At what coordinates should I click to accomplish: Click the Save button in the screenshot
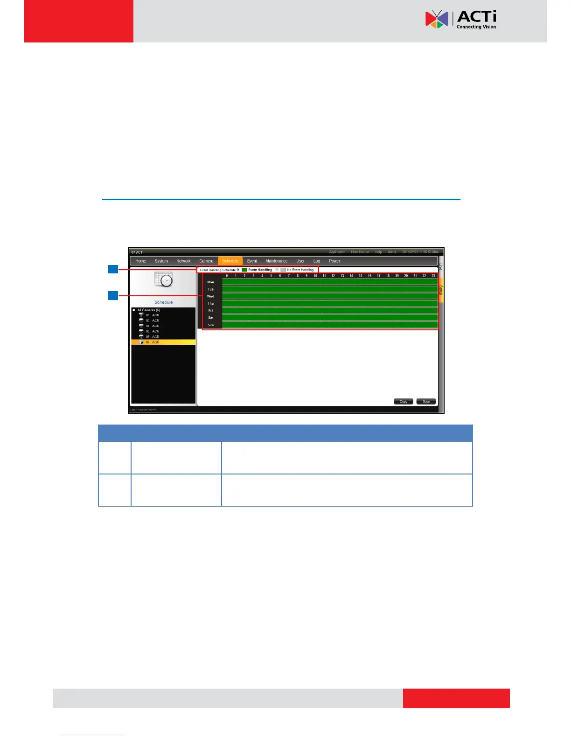pos(426,401)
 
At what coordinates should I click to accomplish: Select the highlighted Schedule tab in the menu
pos(230,261)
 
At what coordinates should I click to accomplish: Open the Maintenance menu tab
pos(276,261)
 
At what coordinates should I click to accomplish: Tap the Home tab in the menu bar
pos(140,261)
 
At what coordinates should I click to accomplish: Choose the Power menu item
pos(334,261)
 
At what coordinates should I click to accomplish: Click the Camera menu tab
pos(206,261)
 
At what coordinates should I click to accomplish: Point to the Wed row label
pos(210,296)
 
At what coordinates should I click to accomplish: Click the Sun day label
pos(210,325)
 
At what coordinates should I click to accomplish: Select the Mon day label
pos(210,282)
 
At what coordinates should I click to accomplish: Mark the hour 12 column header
pos(333,276)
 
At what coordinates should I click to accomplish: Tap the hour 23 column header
pos(433,276)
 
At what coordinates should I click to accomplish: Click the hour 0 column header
pos(227,276)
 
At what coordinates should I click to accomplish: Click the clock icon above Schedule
pos(164,280)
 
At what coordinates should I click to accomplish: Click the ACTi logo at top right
pos(460,19)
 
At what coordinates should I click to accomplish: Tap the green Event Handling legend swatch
pos(244,270)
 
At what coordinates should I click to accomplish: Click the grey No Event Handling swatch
pos(283,270)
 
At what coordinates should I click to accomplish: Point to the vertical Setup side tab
pos(440,290)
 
